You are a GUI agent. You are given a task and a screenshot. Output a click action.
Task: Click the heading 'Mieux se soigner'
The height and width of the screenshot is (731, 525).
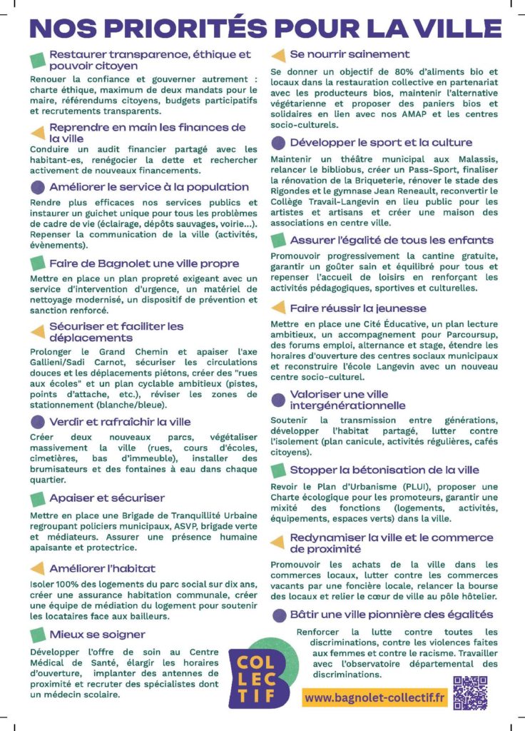(x=97, y=634)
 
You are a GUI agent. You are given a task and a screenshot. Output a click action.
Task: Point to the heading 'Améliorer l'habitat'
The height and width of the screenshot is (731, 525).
(x=102, y=568)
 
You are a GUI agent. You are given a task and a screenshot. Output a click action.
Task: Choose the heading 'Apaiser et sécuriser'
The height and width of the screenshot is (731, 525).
(x=107, y=498)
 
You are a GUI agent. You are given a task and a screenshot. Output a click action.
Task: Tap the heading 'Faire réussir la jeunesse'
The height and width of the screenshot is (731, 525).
(x=358, y=308)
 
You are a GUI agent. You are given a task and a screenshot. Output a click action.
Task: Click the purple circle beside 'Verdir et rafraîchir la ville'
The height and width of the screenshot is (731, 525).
(x=37, y=422)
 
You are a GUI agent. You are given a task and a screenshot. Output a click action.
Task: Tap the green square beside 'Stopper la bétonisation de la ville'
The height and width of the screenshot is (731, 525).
(x=278, y=470)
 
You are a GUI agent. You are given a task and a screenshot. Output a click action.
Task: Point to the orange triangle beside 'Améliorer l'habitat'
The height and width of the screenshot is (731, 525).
(x=37, y=568)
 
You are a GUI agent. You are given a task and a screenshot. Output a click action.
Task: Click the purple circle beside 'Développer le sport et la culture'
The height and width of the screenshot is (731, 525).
(x=278, y=143)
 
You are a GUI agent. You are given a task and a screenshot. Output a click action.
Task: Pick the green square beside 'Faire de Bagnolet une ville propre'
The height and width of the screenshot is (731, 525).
(x=37, y=263)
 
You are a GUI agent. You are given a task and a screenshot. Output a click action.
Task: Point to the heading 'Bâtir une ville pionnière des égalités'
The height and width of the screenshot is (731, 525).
(x=392, y=614)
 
